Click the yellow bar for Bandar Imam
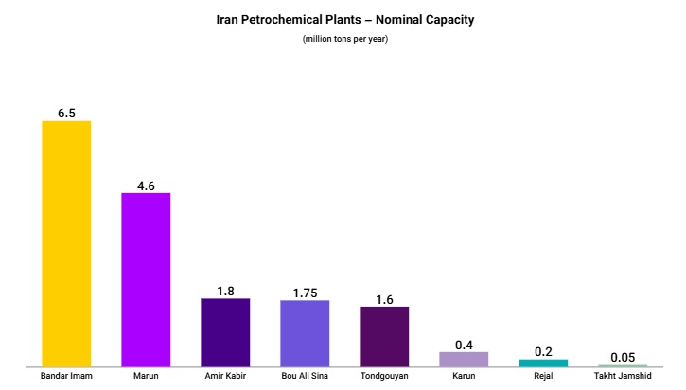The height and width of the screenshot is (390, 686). tap(66, 243)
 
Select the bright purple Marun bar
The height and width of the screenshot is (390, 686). tap(146, 279)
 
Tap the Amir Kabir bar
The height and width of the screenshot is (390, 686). tap(225, 332)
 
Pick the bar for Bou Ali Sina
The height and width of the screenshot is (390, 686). tap(305, 333)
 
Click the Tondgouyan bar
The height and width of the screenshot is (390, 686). tap(384, 336)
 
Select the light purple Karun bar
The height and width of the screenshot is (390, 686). tap(464, 359)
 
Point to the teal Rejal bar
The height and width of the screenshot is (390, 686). tap(543, 363)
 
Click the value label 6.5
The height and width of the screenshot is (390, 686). tap(66, 113)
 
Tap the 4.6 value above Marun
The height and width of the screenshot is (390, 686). tap(146, 186)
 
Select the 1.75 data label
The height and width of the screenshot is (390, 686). tap(305, 292)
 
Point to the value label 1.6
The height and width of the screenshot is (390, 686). tap(384, 298)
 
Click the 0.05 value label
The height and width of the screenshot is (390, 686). tap(623, 357)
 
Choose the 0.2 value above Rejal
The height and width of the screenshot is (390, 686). tap(543, 351)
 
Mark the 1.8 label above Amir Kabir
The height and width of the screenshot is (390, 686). tap(225, 291)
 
